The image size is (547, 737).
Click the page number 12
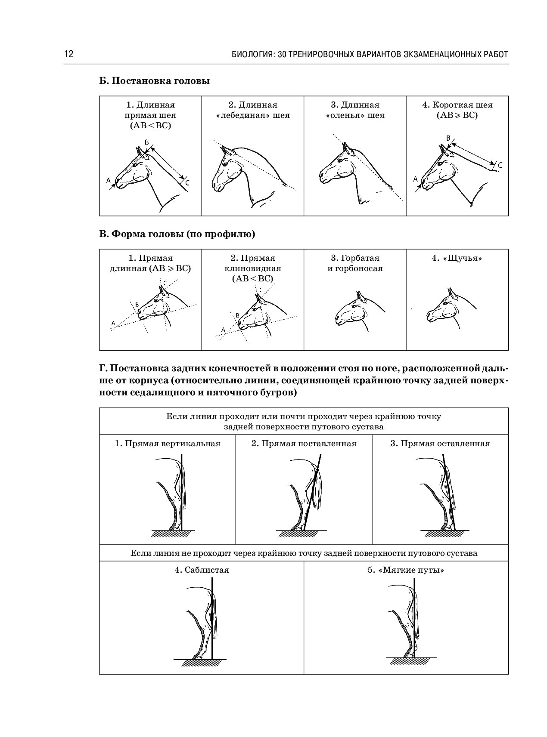click(x=69, y=54)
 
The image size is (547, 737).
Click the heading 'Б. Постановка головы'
click(x=155, y=81)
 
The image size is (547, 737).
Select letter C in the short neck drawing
click(x=500, y=165)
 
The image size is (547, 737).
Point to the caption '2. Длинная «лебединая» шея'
click(x=252, y=110)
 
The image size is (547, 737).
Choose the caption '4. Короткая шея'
click(x=457, y=105)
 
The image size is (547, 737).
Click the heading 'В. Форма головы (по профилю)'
click(x=177, y=234)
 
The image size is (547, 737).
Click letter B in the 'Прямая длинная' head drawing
click(x=137, y=305)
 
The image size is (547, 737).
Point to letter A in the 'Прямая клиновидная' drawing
click(x=223, y=330)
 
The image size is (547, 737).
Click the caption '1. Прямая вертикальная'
click(x=168, y=444)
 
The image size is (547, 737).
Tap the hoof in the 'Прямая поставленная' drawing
click(x=297, y=527)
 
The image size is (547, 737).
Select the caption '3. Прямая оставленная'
click(x=440, y=444)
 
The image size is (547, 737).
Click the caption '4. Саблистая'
click(x=202, y=570)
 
